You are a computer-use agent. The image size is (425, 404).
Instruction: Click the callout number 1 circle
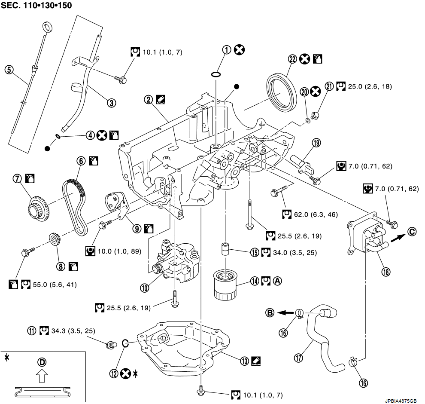(x=226, y=50)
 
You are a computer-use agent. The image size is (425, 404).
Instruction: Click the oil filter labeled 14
(x=225, y=284)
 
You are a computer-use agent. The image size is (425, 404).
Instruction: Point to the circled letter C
(x=412, y=231)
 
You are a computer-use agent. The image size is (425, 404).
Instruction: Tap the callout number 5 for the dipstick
(x=8, y=69)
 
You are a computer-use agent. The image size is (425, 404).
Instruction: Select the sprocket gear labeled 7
(x=39, y=207)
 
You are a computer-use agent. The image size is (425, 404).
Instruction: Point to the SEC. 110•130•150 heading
(x=36, y=6)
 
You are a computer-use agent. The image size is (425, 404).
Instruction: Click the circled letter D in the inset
(x=42, y=362)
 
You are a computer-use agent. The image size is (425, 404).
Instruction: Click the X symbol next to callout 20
(x=316, y=91)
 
